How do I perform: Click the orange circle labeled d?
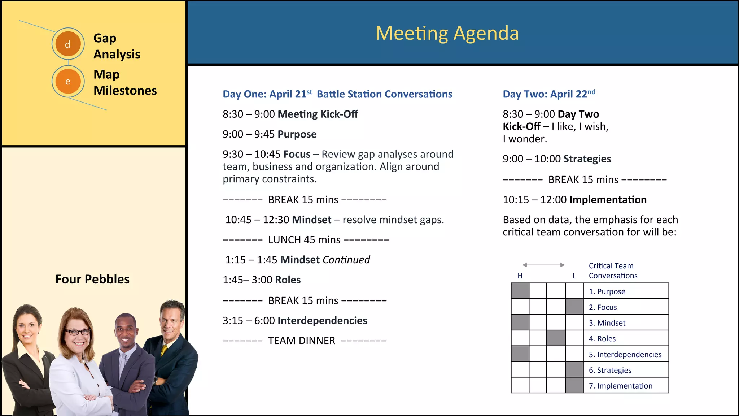coord(68,44)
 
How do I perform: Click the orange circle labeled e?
coord(68,81)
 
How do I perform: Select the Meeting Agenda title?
coord(447,33)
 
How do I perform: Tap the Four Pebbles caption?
coord(92,279)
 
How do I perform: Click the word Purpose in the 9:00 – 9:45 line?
coord(297,134)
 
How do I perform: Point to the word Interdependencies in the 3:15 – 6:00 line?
coord(322,321)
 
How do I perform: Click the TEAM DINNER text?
coord(302,341)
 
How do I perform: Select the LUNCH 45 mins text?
coord(304,240)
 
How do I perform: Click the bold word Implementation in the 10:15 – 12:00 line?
coord(608,200)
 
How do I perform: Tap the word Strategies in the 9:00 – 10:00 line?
coord(587,159)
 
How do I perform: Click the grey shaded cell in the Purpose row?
coord(520,291)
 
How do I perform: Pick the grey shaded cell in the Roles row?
coord(556,338)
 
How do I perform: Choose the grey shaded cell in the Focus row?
coord(574,307)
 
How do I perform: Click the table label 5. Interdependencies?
coord(625,355)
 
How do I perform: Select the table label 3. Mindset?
coord(607,323)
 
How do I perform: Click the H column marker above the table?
coord(520,276)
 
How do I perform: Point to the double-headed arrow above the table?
coord(543,265)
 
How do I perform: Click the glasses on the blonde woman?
coord(78,332)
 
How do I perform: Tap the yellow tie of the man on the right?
coord(164,350)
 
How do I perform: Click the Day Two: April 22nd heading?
coord(549,94)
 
